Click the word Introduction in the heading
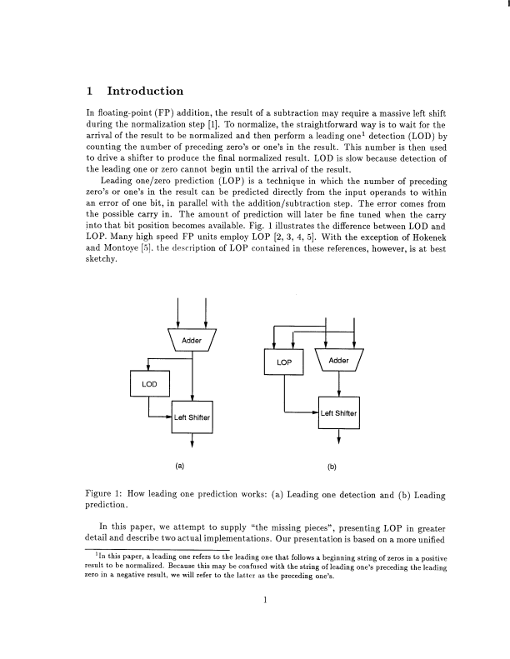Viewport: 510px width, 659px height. click(146, 91)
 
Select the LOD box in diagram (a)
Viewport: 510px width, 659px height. click(149, 383)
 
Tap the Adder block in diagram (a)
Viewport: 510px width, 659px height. click(192, 340)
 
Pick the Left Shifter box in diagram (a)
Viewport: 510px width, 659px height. click(192, 417)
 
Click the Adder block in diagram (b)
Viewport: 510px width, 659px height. click(339, 361)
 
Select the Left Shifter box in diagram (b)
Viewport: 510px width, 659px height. click(339, 412)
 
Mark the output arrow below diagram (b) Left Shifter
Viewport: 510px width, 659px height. click(339, 441)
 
